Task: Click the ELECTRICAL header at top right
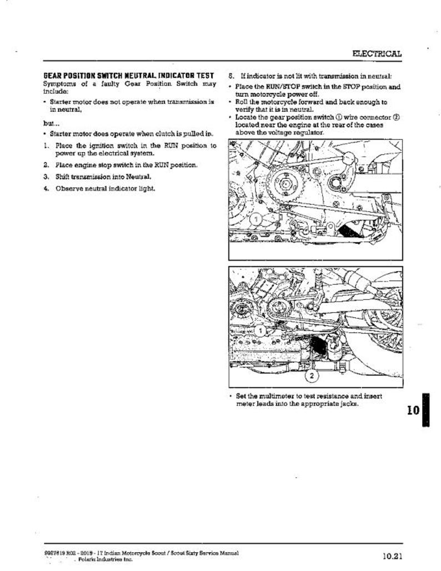coord(377,53)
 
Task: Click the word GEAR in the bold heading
coord(53,76)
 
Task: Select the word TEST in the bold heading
coord(205,76)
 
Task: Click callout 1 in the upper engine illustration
coord(256,220)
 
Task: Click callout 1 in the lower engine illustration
coord(262,332)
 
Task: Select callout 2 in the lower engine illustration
coord(312,376)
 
